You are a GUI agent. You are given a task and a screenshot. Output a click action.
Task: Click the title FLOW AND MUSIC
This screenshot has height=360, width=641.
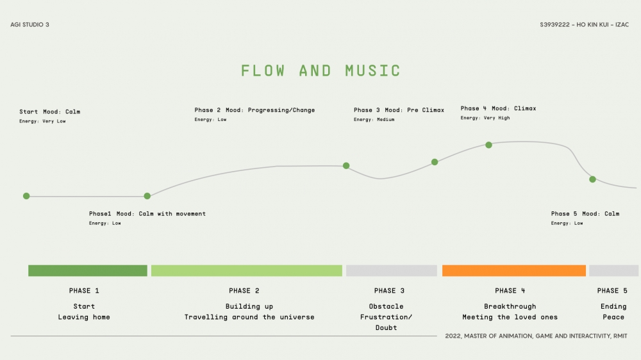click(320, 70)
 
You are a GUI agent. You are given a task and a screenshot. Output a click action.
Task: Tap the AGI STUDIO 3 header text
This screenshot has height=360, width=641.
click(29, 25)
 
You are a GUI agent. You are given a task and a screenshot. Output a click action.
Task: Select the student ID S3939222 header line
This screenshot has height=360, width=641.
click(584, 25)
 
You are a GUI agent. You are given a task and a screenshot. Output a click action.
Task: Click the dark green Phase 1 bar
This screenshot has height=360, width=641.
click(88, 270)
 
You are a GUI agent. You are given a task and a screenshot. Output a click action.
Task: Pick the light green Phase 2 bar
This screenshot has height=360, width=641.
click(247, 270)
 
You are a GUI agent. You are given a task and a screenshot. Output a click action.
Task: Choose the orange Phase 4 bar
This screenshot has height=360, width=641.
click(514, 270)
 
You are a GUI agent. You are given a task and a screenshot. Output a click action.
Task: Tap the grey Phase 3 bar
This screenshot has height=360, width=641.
click(392, 270)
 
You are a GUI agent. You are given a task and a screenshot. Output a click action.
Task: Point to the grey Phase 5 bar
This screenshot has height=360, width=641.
click(613, 270)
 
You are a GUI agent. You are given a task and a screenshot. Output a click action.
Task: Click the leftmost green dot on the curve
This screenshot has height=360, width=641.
click(26, 196)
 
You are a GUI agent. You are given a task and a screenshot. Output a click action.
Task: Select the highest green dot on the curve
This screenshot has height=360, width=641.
click(488, 145)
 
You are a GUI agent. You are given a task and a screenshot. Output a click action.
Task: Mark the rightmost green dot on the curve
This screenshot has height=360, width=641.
click(592, 179)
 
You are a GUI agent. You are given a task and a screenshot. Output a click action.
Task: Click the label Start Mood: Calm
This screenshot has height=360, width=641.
click(50, 112)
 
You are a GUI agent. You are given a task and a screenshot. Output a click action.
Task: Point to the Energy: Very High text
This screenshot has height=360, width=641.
click(485, 118)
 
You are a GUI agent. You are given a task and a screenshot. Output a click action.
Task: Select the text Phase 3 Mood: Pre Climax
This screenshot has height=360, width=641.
click(399, 110)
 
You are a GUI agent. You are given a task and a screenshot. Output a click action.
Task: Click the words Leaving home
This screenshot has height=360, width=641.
click(84, 317)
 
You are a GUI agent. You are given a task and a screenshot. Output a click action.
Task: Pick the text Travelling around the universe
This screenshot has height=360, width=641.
click(249, 317)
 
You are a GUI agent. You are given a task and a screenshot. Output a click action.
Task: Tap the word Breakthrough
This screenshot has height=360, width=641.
click(510, 306)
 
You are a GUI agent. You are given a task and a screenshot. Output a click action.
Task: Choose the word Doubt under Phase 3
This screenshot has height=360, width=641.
click(386, 327)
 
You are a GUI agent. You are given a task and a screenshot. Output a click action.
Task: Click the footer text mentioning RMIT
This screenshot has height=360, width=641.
click(536, 336)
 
